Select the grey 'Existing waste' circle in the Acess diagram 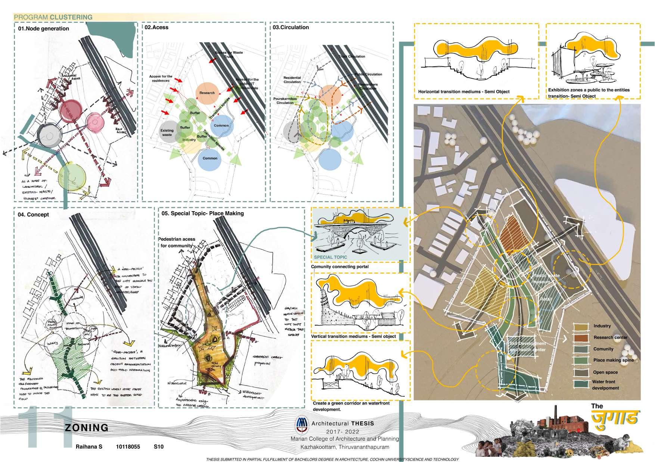tap(168, 132)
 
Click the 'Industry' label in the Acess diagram tap(189, 140)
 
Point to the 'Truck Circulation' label tap(352, 57)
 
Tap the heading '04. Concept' tap(33, 215)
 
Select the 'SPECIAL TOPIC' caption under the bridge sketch tap(330, 257)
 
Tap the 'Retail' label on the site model tap(546, 299)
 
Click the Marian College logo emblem tap(301, 423)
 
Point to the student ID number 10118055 tap(128, 447)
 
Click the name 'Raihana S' tap(89, 447)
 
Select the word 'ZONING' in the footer tap(87, 428)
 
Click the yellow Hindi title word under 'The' tap(615, 418)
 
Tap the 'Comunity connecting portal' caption tap(340, 267)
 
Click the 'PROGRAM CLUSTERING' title tap(53, 17)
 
